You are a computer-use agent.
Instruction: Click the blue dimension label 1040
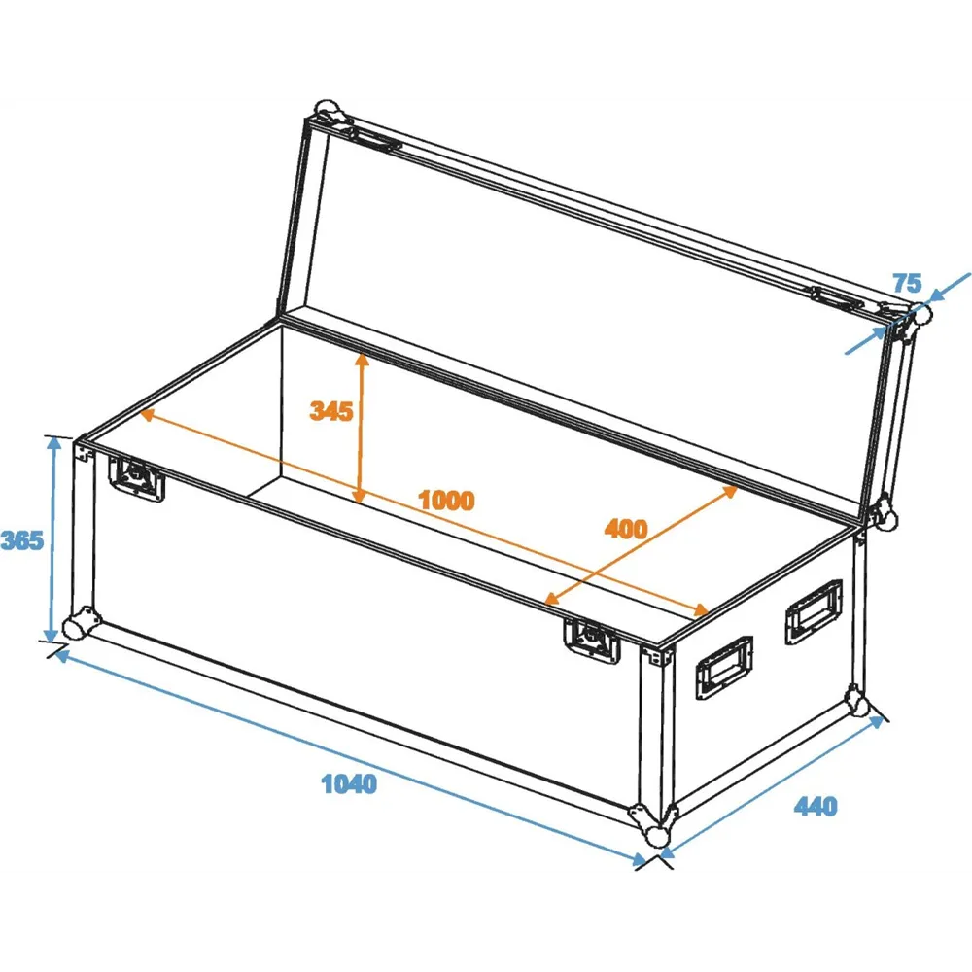pos(349,784)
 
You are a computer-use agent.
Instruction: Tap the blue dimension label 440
pos(816,806)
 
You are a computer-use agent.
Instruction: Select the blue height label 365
pos(22,540)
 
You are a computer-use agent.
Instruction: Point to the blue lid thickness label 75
pos(908,283)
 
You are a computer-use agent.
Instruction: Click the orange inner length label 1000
pos(446,500)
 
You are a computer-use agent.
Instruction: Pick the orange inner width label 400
pos(625,529)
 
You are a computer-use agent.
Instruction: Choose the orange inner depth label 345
pos(331,411)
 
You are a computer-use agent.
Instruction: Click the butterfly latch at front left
pos(136,478)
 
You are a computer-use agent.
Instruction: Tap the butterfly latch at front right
pos(592,641)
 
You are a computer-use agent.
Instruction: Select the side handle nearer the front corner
pos(724,668)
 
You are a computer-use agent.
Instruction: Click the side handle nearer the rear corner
pos(814,611)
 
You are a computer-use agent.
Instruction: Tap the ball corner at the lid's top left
pos(330,114)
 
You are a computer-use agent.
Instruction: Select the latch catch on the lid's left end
pos(375,140)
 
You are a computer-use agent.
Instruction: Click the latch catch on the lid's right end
pos(837,298)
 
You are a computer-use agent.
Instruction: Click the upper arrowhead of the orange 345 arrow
pos(362,361)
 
